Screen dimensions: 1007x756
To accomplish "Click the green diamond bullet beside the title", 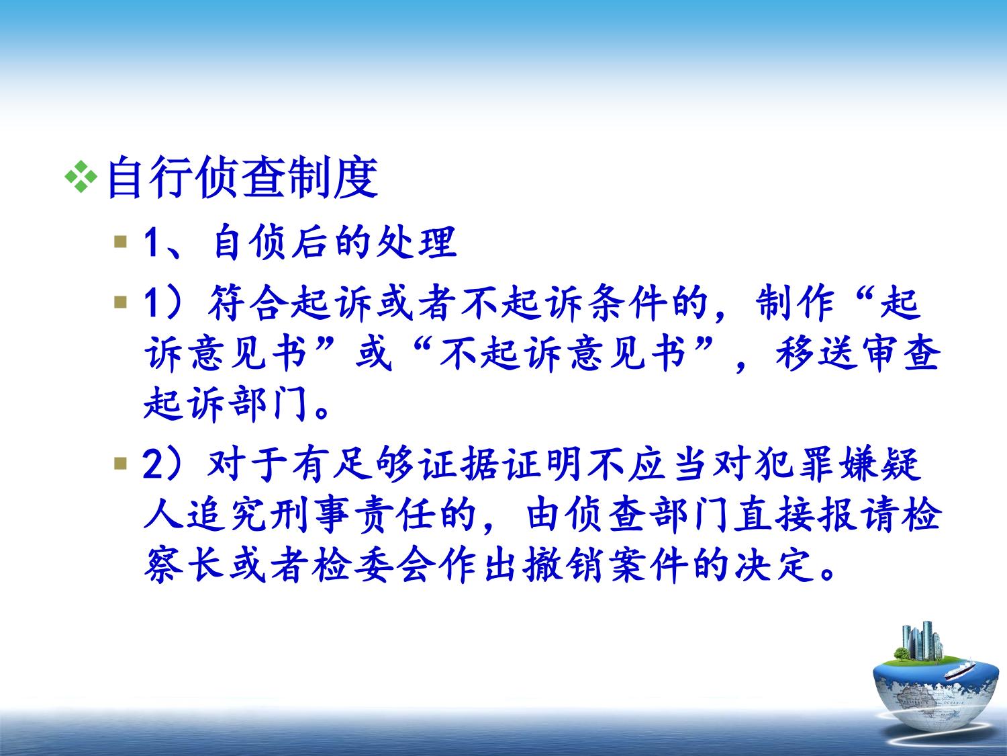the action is (x=81, y=177).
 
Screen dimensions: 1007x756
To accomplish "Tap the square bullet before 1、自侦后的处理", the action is (x=121, y=242).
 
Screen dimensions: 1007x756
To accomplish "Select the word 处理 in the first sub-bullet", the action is (x=417, y=242).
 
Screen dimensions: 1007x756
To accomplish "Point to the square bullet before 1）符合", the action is (x=121, y=302).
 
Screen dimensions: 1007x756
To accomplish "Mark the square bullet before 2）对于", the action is (x=121, y=464).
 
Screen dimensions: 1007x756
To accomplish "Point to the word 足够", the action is (x=375, y=464).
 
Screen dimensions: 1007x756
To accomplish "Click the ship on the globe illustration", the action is (x=959, y=671).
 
